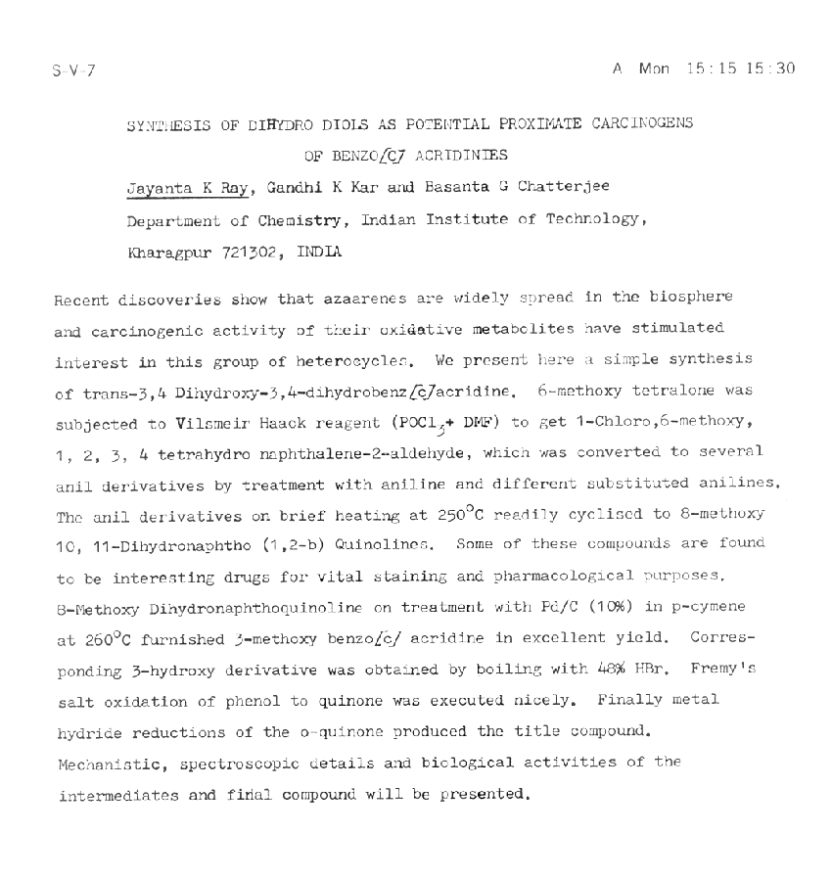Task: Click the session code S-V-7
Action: (75, 69)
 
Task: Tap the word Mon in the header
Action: (652, 69)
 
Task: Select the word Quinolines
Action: (380, 543)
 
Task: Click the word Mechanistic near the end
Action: (103, 762)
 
